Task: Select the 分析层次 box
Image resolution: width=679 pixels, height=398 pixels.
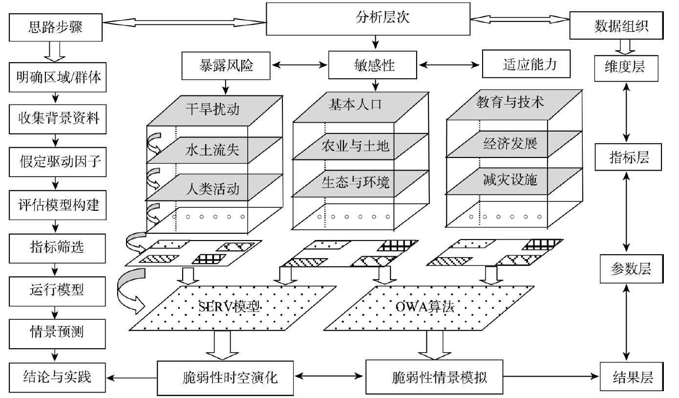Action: [x=375, y=19]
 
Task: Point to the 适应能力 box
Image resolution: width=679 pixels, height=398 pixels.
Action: [x=527, y=64]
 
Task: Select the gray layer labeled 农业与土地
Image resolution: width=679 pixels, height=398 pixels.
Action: [x=355, y=146]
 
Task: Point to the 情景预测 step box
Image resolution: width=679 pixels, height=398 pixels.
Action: [x=57, y=332]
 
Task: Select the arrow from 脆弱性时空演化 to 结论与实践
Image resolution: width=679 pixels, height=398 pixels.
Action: [x=132, y=377]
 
